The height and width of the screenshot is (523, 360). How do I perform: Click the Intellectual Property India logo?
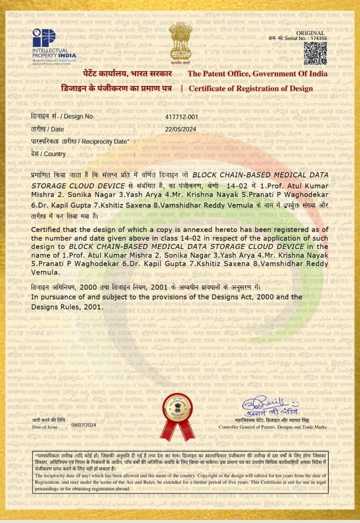(x=54, y=46)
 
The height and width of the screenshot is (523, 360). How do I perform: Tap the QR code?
(x=315, y=53)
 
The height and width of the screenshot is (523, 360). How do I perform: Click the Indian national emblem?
(x=180, y=42)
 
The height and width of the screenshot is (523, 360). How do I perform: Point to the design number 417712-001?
(x=181, y=116)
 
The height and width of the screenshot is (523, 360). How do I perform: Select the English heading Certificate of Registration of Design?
(x=250, y=88)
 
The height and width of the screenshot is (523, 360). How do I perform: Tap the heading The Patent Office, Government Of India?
(x=257, y=74)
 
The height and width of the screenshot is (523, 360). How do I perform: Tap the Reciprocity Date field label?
(x=80, y=141)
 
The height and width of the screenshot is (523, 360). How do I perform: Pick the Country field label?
(x=48, y=154)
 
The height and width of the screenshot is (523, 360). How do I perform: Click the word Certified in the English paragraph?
(x=48, y=229)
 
